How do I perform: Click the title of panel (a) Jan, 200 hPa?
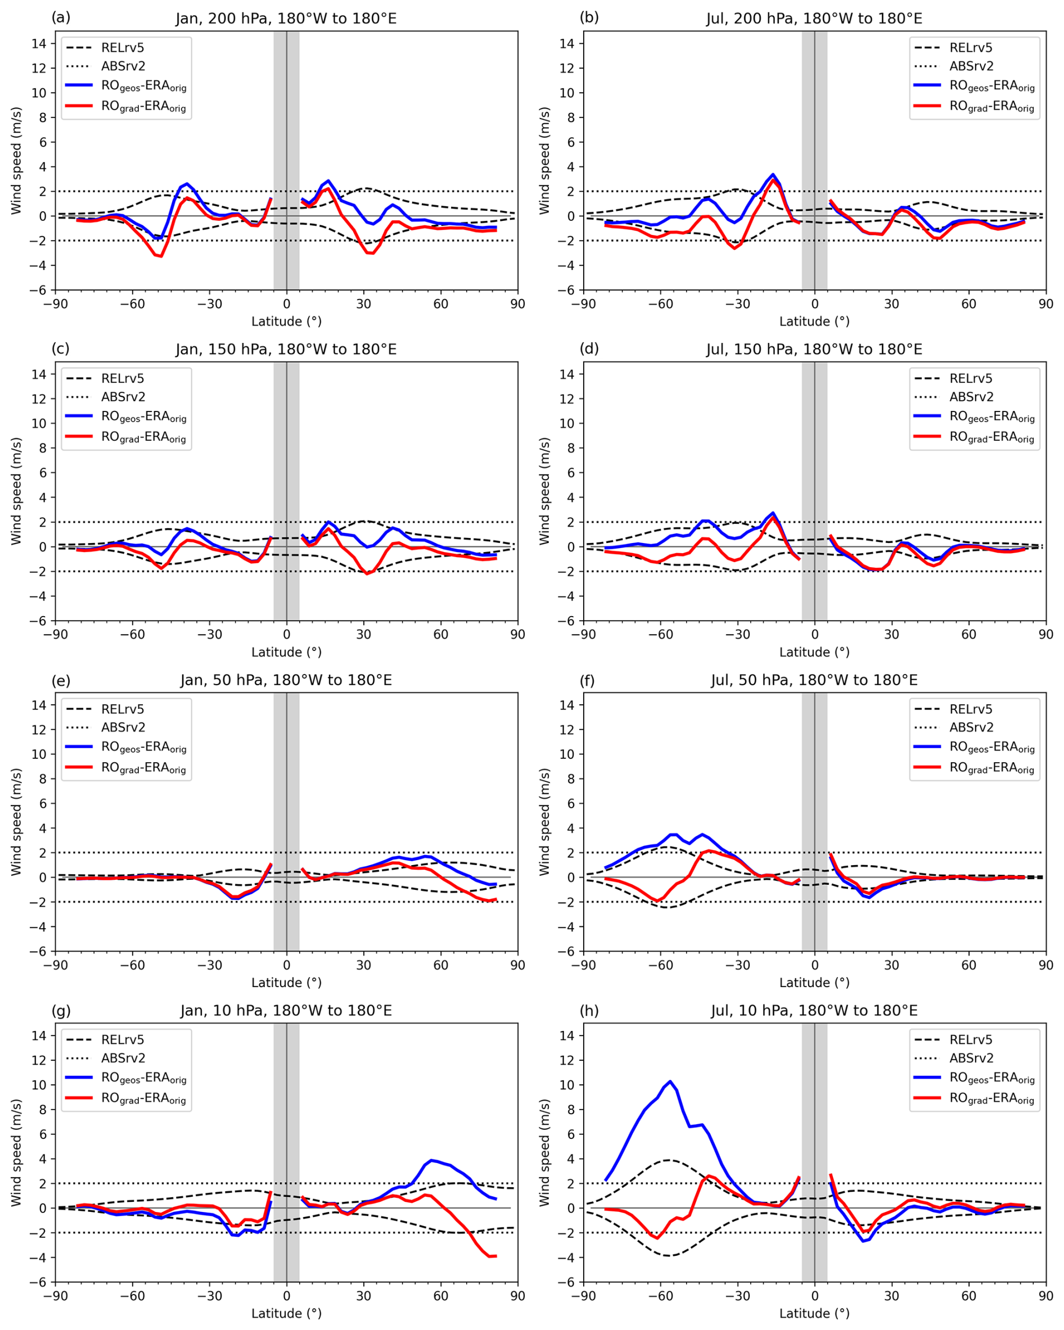(286, 19)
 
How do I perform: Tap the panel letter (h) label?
(589, 1010)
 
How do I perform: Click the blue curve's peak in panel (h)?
(670, 1082)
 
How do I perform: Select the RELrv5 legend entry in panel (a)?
(122, 47)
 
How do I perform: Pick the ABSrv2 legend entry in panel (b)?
(971, 66)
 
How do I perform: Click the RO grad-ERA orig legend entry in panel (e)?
(143, 768)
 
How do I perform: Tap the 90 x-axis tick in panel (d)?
(1045, 635)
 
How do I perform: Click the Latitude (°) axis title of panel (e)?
(286, 983)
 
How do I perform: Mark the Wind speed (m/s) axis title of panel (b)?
(544, 161)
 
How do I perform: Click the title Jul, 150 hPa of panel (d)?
(814, 350)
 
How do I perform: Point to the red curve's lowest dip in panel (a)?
(160, 256)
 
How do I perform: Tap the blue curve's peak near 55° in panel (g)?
(432, 1160)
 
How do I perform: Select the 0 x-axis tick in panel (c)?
(286, 635)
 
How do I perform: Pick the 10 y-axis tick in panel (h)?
(568, 1085)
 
